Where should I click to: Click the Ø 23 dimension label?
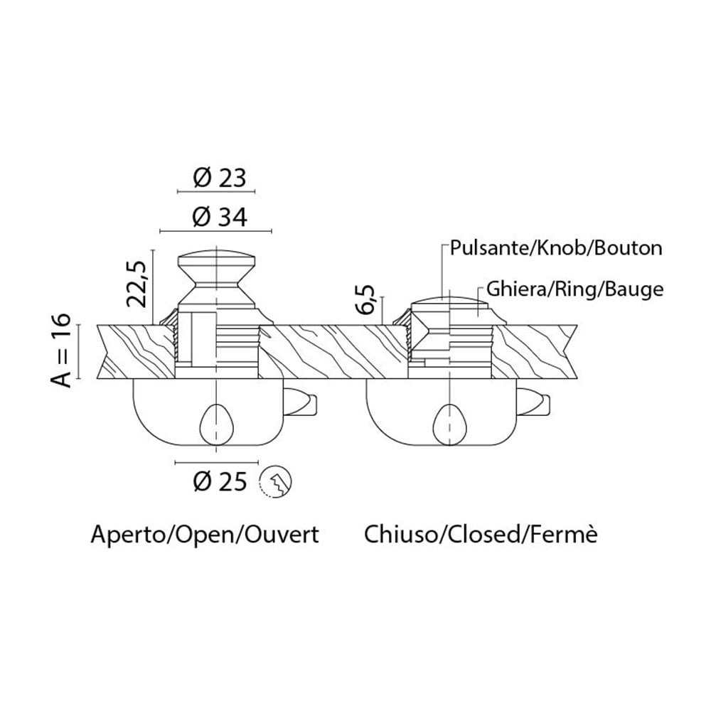click(x=219, y=177)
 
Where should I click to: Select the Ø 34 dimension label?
click(x=219, y=217)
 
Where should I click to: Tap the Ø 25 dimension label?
click(x=219, y=482)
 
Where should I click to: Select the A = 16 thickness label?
click(x=63, y=351)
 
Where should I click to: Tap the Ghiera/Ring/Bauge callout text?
click(x=574, y=289)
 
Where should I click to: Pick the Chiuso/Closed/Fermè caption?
click(x=481, y=534)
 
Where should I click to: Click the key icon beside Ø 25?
click(x=278, y=483)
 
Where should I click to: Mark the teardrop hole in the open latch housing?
click(x=215, y=424)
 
